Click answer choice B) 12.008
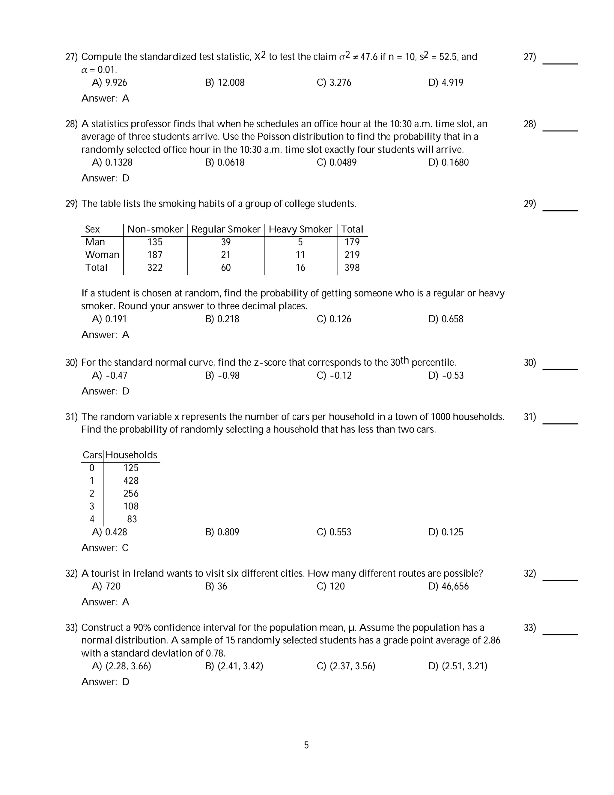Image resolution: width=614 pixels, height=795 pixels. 225,82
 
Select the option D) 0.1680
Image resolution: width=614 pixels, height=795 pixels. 448,162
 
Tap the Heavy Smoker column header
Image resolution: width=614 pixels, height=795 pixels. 300,229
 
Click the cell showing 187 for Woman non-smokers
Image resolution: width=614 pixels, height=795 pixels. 155,255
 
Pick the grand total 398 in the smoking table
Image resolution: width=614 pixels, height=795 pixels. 352,268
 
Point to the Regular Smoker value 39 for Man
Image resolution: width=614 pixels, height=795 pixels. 225,242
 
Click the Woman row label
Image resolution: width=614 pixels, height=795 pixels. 102,255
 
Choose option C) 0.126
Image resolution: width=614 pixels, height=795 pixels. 334,319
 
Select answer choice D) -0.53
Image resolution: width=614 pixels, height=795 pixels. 446,375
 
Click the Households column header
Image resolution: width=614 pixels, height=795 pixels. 131,455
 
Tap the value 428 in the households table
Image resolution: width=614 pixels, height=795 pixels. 131,481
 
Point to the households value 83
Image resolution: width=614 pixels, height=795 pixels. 132,519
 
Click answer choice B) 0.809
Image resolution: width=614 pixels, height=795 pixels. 222,532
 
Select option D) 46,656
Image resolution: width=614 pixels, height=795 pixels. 448,586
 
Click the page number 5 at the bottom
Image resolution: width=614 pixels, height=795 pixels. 306,745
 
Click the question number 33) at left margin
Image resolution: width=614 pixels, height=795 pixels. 72,628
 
